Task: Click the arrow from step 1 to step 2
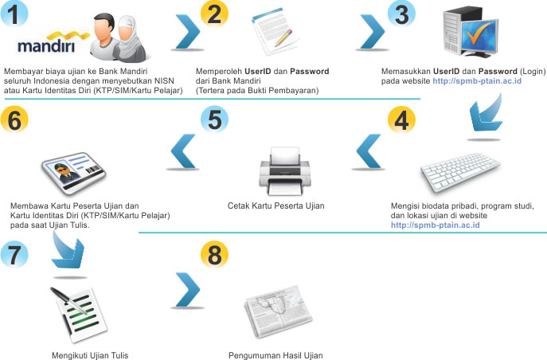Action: click(x=186, y=33)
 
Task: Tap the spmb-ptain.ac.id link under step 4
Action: click(x=435, y=226)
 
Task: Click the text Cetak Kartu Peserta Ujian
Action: click(x=276, y=206)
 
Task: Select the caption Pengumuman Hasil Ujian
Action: click(x=275, y=355)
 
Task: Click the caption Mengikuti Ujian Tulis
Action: click(x=89, y=355)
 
